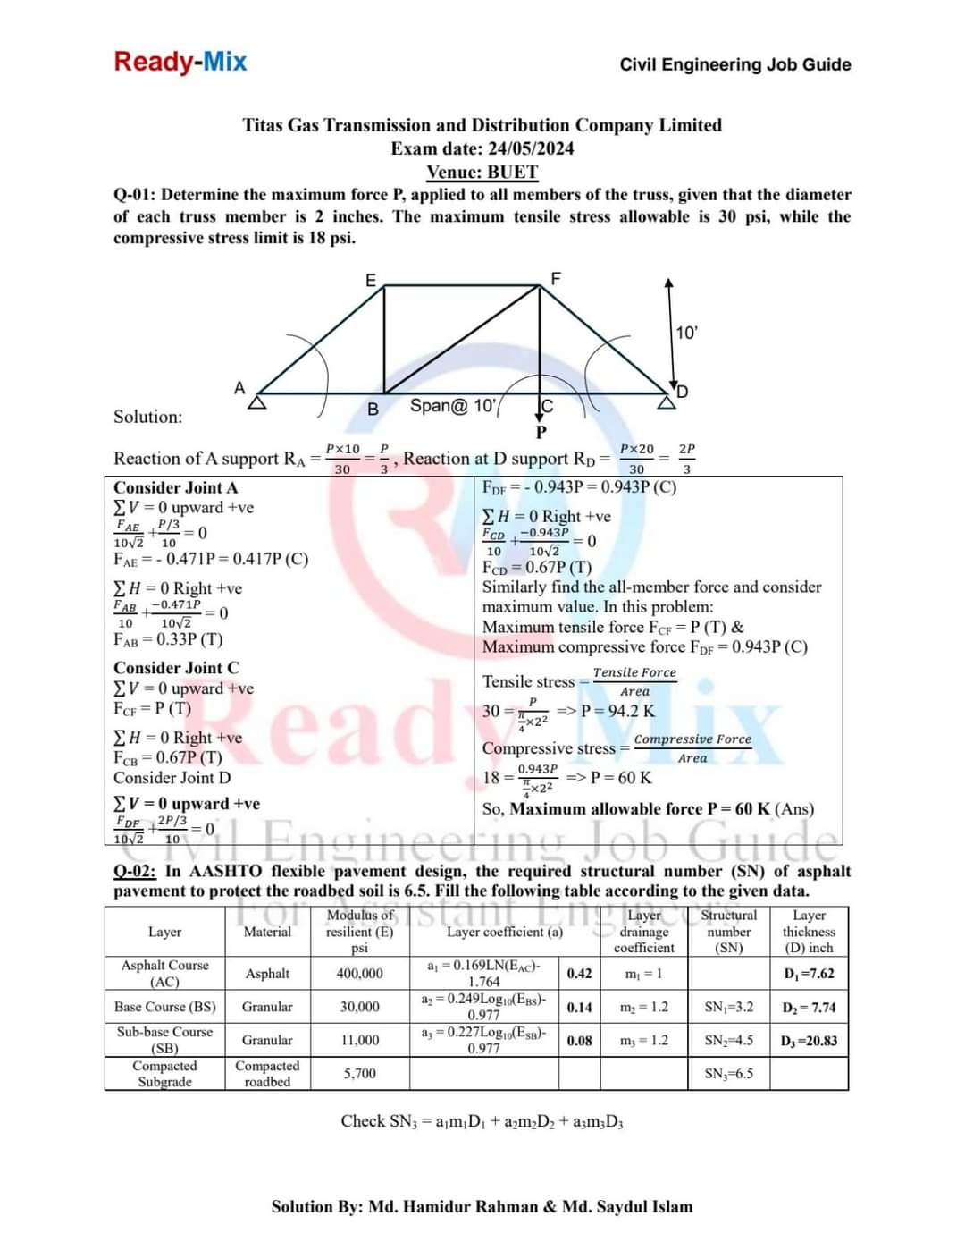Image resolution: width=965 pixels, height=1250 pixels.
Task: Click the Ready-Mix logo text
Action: pyautogui.click(x=180, y=62)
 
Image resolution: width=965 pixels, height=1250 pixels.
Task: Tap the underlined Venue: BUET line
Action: pyautogui.click(x=482, y=172)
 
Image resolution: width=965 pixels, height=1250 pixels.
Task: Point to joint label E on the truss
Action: pyautogui.click(x=371, y=279)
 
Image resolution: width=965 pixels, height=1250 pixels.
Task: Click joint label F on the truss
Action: pyautogui.click(x=556, y=278)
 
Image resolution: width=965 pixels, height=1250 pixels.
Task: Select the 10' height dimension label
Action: pyautogui.click(x=686, y=333)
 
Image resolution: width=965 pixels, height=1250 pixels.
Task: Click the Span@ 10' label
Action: pyautogui.click(x=452, y=406)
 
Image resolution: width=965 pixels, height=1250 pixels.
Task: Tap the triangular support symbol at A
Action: pyautogui.click(x=257, y=402)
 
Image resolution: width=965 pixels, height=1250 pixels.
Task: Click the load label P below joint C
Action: pyautogui.click(x=541, y=433)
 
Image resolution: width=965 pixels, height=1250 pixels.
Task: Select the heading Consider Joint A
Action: pyautogui.click(x=176, y=487)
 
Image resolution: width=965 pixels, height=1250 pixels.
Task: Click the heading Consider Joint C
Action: pyautogui.click(x=176, y=668)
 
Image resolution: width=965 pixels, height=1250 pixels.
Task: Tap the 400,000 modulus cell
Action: pyautogui.click(x=359, y=974)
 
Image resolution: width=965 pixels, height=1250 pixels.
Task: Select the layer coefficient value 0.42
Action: pyautogui.click(x=579, y=974)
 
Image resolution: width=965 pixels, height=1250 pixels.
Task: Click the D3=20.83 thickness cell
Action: pyautogui.click(x=808, y=1041)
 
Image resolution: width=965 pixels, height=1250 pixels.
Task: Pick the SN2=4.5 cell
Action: pyautogui.click(x=728, y=1041)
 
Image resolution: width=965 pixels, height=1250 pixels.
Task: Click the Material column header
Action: pyautogui.click(x=267, y=932)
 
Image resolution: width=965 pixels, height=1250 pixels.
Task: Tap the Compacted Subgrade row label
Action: pyautogui.click(x=164, y=1074)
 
